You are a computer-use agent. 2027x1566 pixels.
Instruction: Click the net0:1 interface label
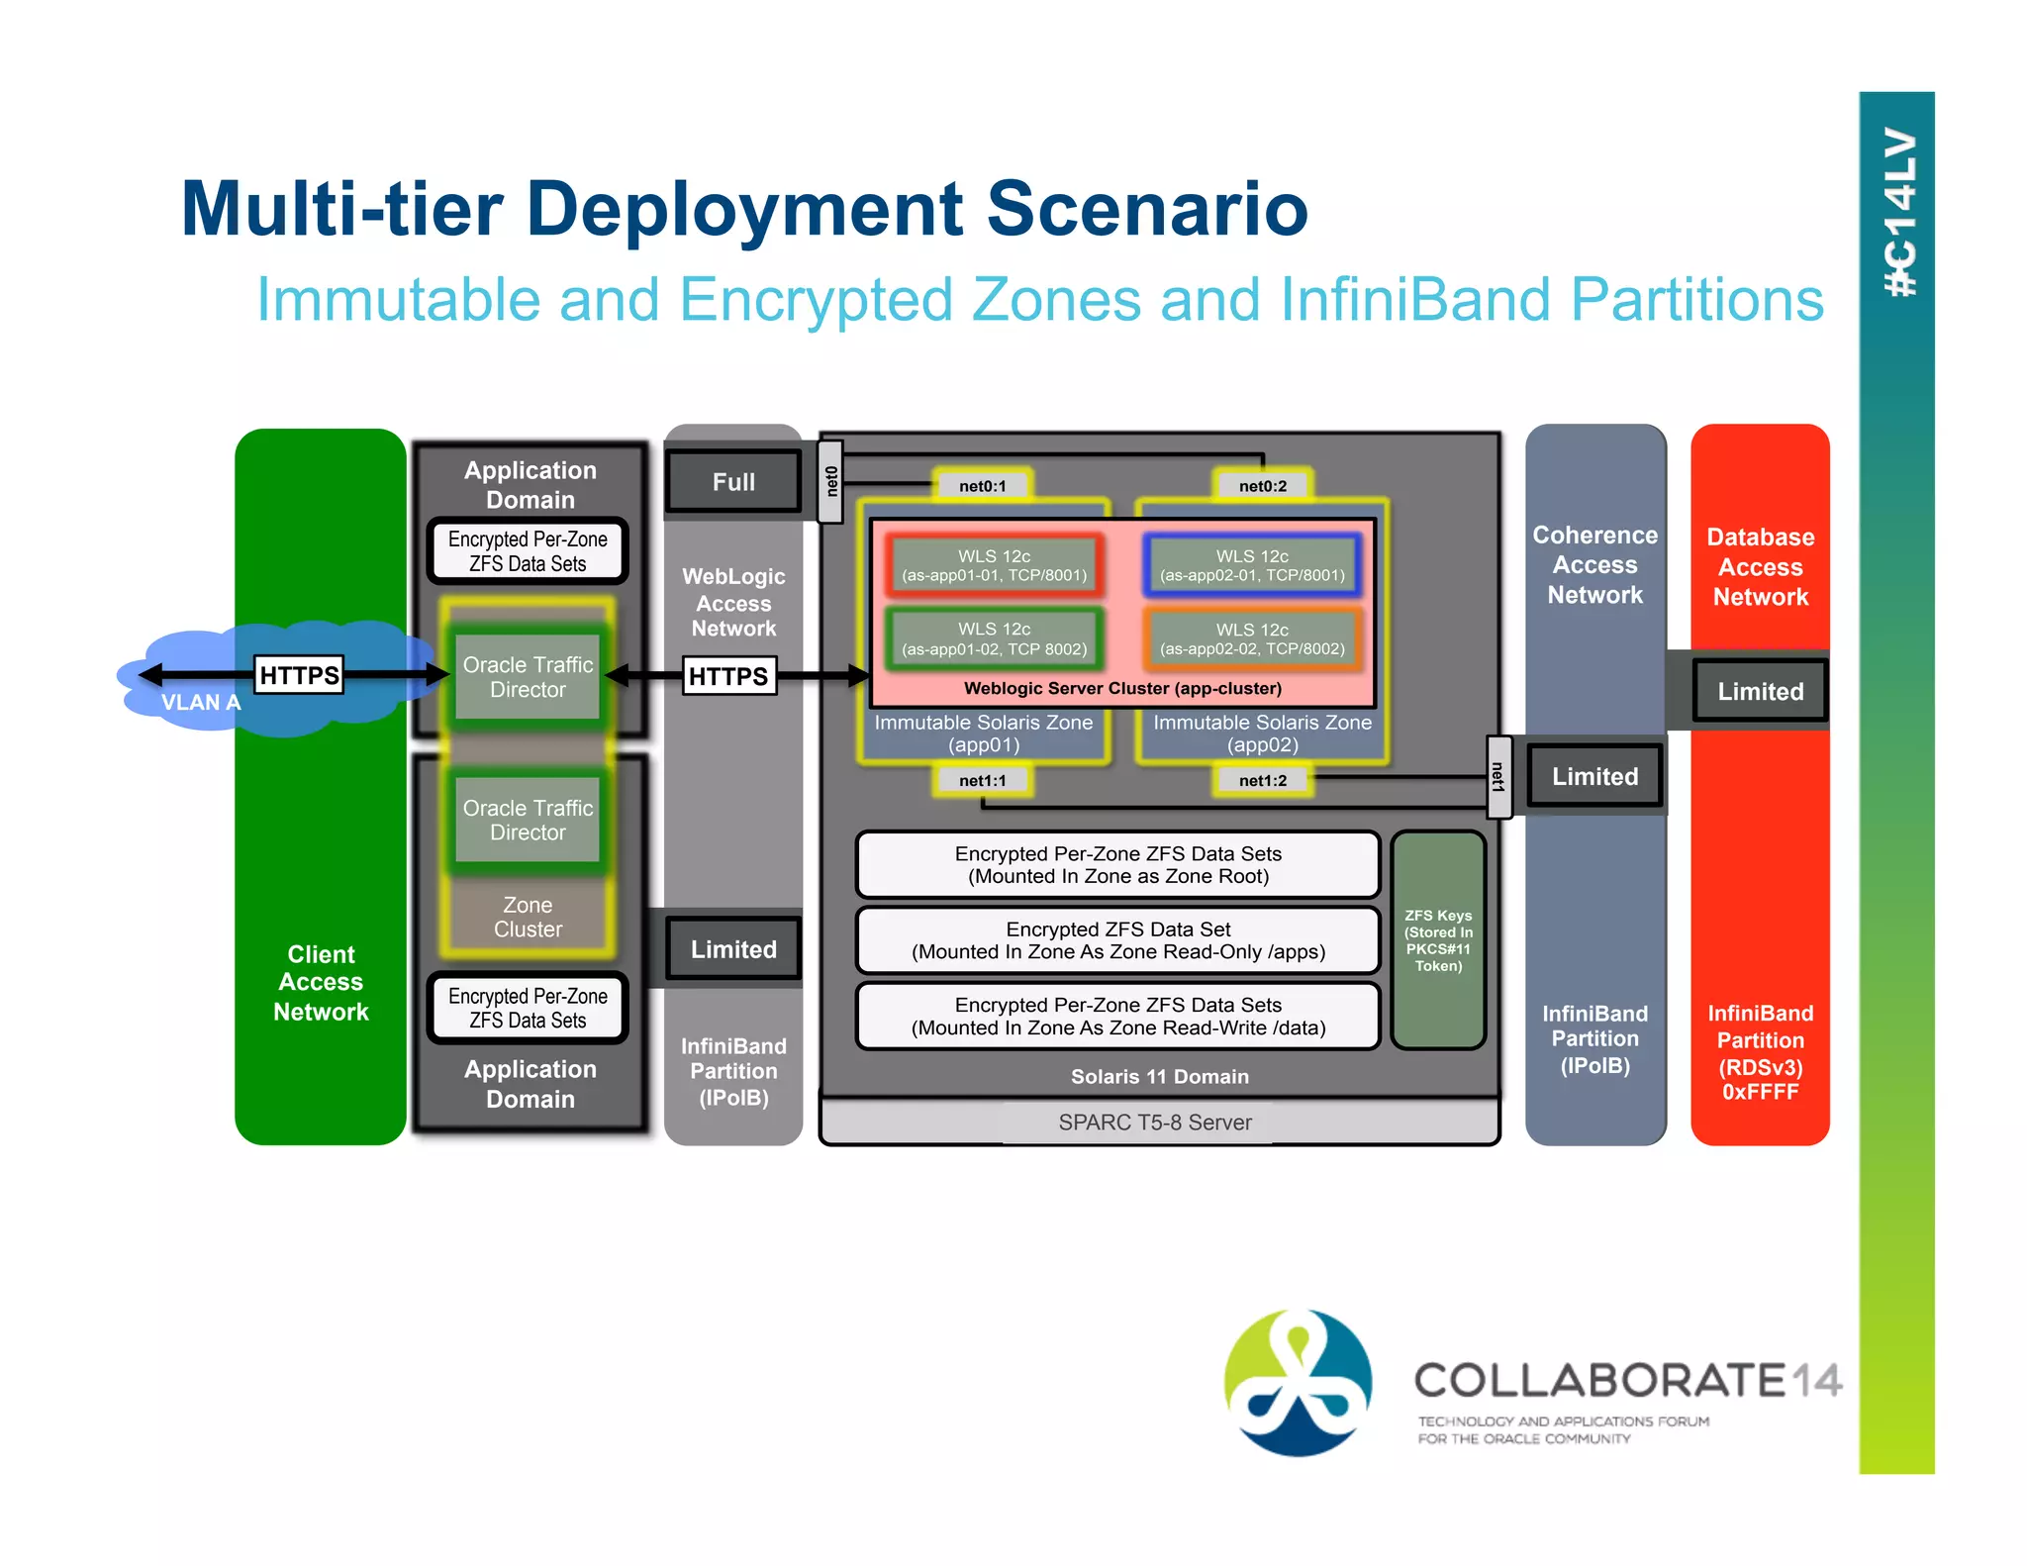[x=982, y=486]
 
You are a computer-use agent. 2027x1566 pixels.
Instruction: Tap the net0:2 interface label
[x=1263, y=486]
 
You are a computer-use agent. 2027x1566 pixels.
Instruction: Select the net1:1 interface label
[x=982, y=780]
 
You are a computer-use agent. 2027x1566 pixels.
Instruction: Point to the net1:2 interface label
[x=1263, y=780]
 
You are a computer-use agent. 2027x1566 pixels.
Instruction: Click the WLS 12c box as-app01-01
[x=994, y=565]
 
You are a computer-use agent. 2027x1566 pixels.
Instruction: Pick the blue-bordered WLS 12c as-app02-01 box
[x=1252, y=565]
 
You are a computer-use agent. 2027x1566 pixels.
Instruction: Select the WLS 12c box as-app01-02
[x=994, y=638]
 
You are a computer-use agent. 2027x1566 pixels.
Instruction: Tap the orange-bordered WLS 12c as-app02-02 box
[x=1252, y=638]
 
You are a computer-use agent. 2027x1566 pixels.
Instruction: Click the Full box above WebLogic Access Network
[x=733, y=482]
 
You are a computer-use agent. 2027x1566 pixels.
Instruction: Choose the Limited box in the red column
[x=1760, y=691]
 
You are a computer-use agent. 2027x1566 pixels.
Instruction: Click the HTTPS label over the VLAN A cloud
[x=299, y=675]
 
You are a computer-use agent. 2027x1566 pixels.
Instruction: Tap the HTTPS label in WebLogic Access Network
[x=728, y=676]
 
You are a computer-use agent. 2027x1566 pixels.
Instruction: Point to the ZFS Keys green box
[x=1438, y=939]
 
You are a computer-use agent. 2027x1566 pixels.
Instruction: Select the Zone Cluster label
[x=528, y=917]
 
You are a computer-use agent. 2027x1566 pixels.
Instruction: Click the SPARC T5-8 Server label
[x=1154, y=1123]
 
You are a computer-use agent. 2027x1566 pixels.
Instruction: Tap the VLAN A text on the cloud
[x=201, y=703]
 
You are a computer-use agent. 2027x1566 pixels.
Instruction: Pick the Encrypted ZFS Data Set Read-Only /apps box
[x=1117, y=940]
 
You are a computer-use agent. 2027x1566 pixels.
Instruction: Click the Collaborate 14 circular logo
[x=1298, y=1382]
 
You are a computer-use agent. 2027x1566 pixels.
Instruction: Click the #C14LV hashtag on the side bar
[x=1898, y=212]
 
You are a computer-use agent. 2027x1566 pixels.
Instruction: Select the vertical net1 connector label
[x=1498, y=777]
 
